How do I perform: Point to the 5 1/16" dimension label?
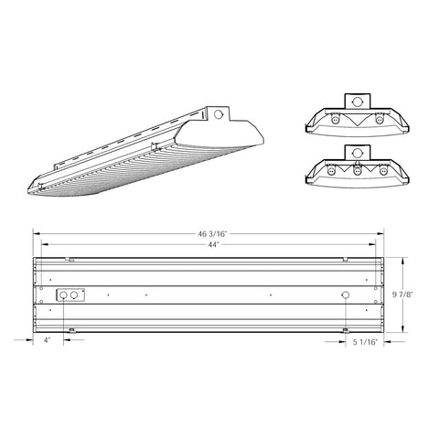365,343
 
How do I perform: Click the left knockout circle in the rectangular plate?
63,295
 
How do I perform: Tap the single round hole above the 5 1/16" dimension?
345,295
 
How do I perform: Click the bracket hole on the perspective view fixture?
219,114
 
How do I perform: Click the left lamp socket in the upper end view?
336,119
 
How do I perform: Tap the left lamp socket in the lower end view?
333,171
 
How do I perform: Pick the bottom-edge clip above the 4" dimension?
71,329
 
